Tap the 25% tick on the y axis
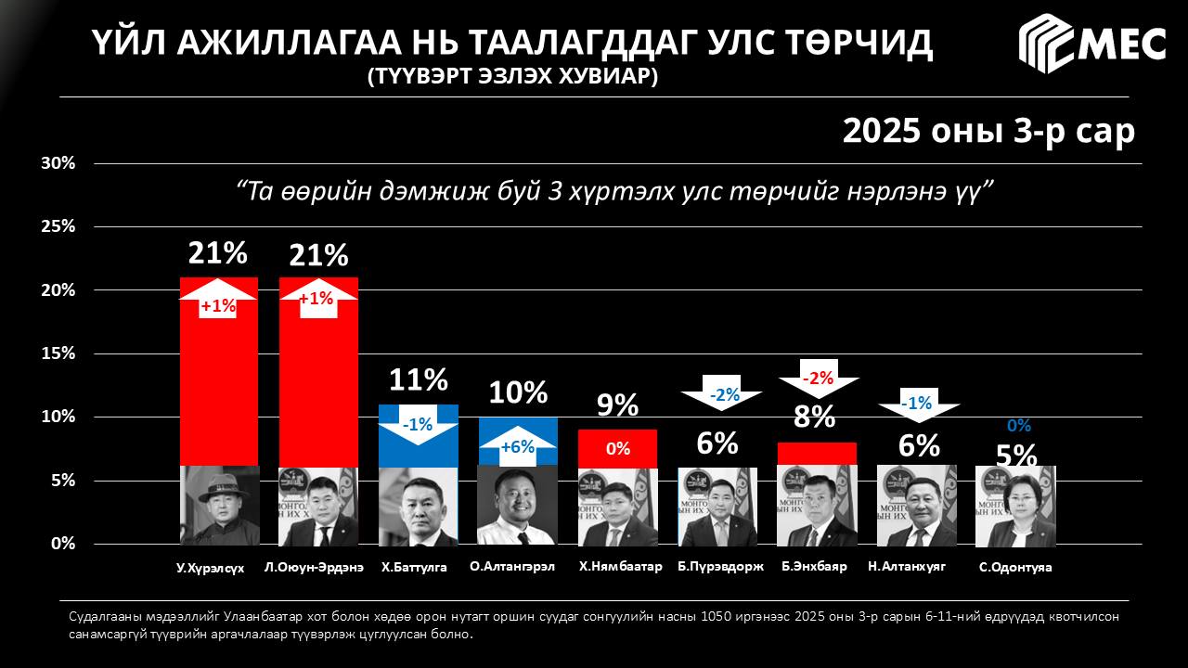(58, 226)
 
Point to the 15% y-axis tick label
(58, 353)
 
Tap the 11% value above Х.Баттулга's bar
(418, 379)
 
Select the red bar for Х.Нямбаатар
(617, 449)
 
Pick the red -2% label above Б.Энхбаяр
(818, 378)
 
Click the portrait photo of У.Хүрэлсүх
(219, 506)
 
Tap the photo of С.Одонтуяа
(1015, 507)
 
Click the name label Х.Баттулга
(414, 567)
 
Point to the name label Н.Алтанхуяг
(907, 566)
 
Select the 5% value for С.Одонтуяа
(1016, 455)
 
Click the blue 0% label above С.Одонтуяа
(1019, 426)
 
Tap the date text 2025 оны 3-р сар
(988, 131)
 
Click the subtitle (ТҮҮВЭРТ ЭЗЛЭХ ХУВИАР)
(512, 77)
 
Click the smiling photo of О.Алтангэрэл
(518, 506)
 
